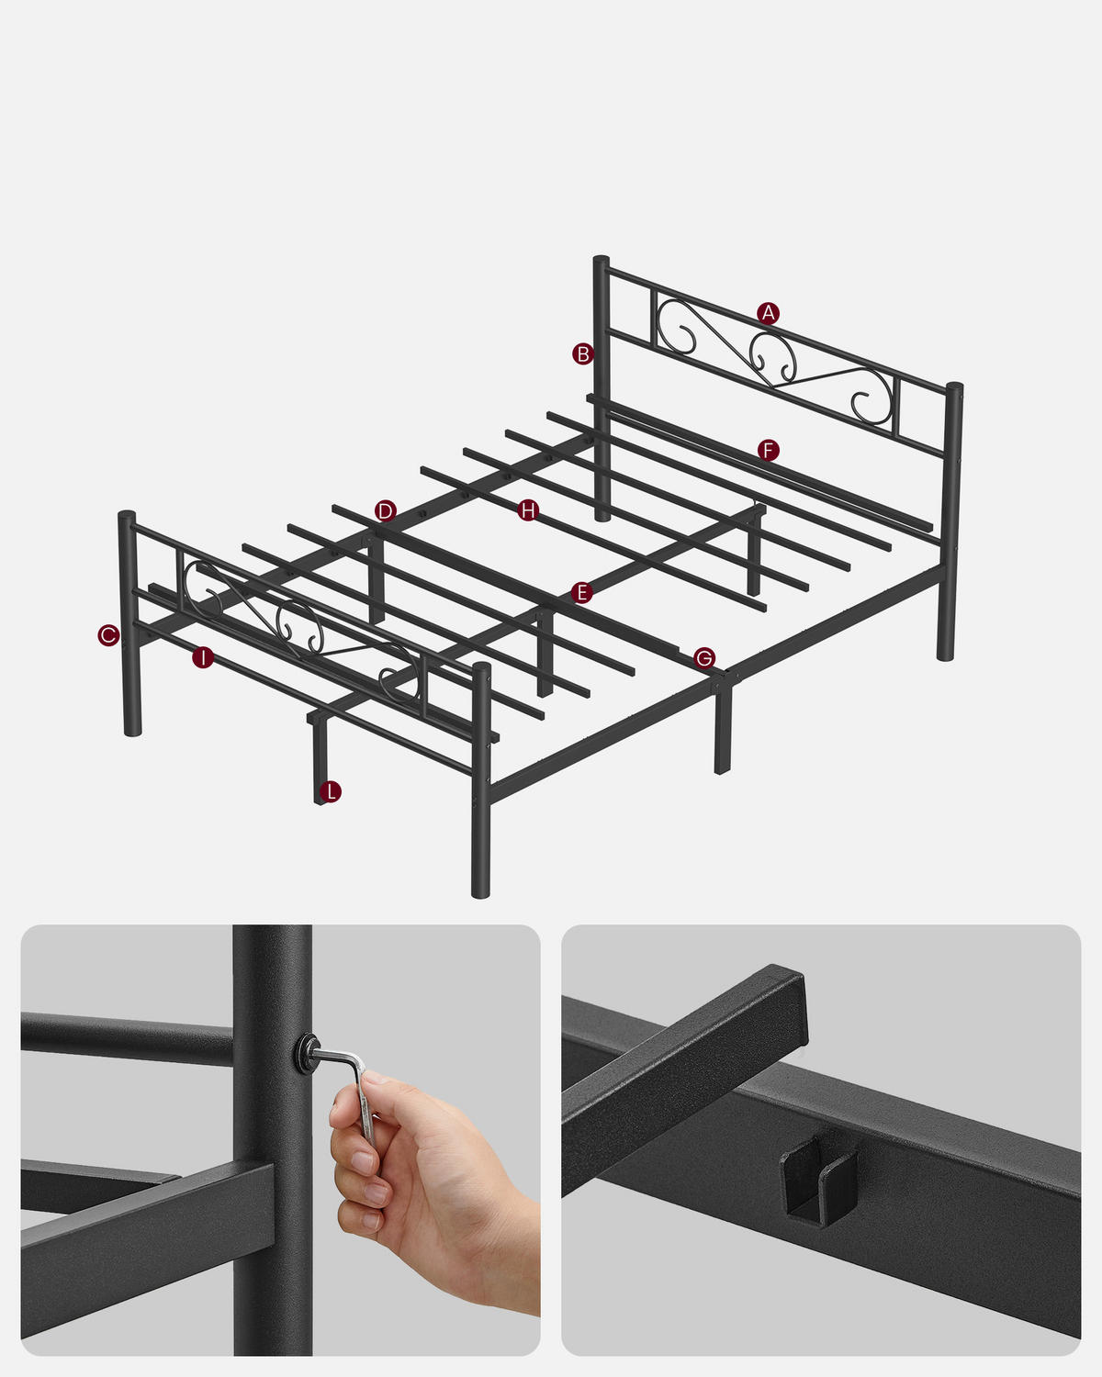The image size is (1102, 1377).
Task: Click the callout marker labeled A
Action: [x=769, y=313]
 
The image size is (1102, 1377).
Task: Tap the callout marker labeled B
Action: [x=582, y=353]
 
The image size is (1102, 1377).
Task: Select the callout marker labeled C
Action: [x=108, y=634]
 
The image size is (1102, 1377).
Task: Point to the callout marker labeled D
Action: [x=386, y=511]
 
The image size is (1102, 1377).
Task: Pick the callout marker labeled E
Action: [x=580, y=593]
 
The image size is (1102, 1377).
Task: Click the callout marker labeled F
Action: [x=769, y=450]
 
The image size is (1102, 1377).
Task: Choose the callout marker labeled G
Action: [x=704, y=657]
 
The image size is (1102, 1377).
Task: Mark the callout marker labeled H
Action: [x=527, y=510]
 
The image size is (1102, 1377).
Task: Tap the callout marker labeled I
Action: [x=203, y=657]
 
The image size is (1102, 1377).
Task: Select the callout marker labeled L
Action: [x=331, y=791]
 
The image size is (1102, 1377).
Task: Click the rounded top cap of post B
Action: [x=602, y=261]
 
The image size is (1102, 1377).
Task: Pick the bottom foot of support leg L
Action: [x=320, y=797]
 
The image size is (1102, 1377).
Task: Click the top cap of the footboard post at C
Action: [x=127, y=516]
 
